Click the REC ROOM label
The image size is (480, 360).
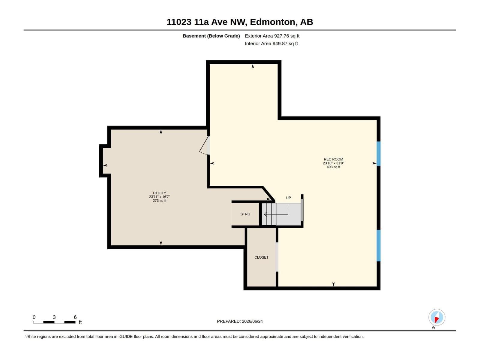pyautogui.click(x=333, y=159)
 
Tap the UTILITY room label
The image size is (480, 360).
pyautogui.click(x=159, y=193)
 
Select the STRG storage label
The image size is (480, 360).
pyautogui.click(x=245, y=214)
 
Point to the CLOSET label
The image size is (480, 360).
pyautogui.click(x=261, y=257)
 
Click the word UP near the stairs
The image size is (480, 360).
pyautogui.click(x=288, y=198)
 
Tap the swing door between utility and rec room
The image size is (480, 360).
pyautogui.click(x=205, y=145)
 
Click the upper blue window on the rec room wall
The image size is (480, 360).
pyautogui.click(x=379, y=153)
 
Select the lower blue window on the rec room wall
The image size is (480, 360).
pyautogui.click(x=379, y=245)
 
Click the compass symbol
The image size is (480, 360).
pyautogui.click(x=437, y=317)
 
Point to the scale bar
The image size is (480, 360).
pyautogui.click(x=54, y=322)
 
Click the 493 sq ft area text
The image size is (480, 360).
pyautogui.click(x=333, y=167)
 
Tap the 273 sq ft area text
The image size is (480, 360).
pyautogui.click(x=159, y=201)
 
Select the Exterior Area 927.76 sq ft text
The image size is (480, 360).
pyautogui.click(x=272, y=36)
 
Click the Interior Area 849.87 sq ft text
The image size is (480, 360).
pyautogui.click(x=271, y=43)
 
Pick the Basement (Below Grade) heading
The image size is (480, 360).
pyautogui.click(x=211, y=36)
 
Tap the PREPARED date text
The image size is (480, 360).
pyautogui.click(x=240, y=321)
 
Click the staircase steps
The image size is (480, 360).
pyautogui.click(x=281, y=214)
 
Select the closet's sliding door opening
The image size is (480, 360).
pyautogui.click(x=277, y=257)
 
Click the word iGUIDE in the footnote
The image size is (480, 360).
pyautogui.click(x=125, y=337)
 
